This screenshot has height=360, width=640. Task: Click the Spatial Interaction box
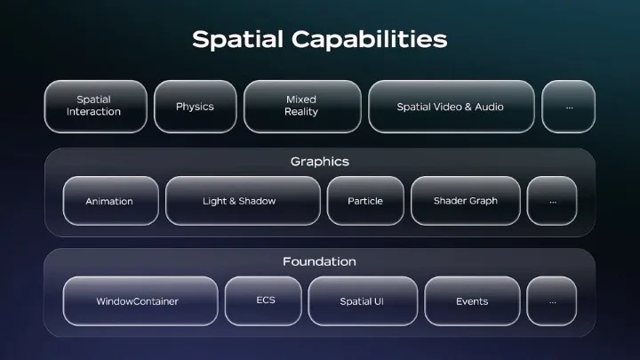[x=95, y=106]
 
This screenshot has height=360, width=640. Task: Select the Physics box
[x=195, y=106]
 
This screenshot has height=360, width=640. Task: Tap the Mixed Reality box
[x=302, y=106]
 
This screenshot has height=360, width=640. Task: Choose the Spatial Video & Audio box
[x=451, y=106]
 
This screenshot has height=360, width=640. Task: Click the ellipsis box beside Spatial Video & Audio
[x=568, y=106]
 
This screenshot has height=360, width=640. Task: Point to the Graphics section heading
[x=320, y=162]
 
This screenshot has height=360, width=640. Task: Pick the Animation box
[x=110, y=200]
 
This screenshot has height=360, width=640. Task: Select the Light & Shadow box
[x=243, y=200]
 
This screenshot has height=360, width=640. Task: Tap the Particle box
[x=365, y=200]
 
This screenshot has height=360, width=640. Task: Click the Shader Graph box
[x=465, y=200]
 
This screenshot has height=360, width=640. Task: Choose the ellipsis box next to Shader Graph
[x=552, y=200]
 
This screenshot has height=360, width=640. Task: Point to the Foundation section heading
[x=319, y=261]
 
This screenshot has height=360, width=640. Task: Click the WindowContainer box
[x=140, y=300]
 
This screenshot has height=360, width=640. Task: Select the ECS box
[x=263, y=300]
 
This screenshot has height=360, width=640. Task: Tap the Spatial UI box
[x=363, y=300]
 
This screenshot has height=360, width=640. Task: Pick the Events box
[x=472, y=300]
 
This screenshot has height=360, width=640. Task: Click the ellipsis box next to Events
[x=551, y=300]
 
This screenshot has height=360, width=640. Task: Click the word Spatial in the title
[x=237, y=40]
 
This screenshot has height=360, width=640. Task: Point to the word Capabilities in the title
[x=370, y=40]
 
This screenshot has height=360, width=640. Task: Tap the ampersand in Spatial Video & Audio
[x=468, y=107]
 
